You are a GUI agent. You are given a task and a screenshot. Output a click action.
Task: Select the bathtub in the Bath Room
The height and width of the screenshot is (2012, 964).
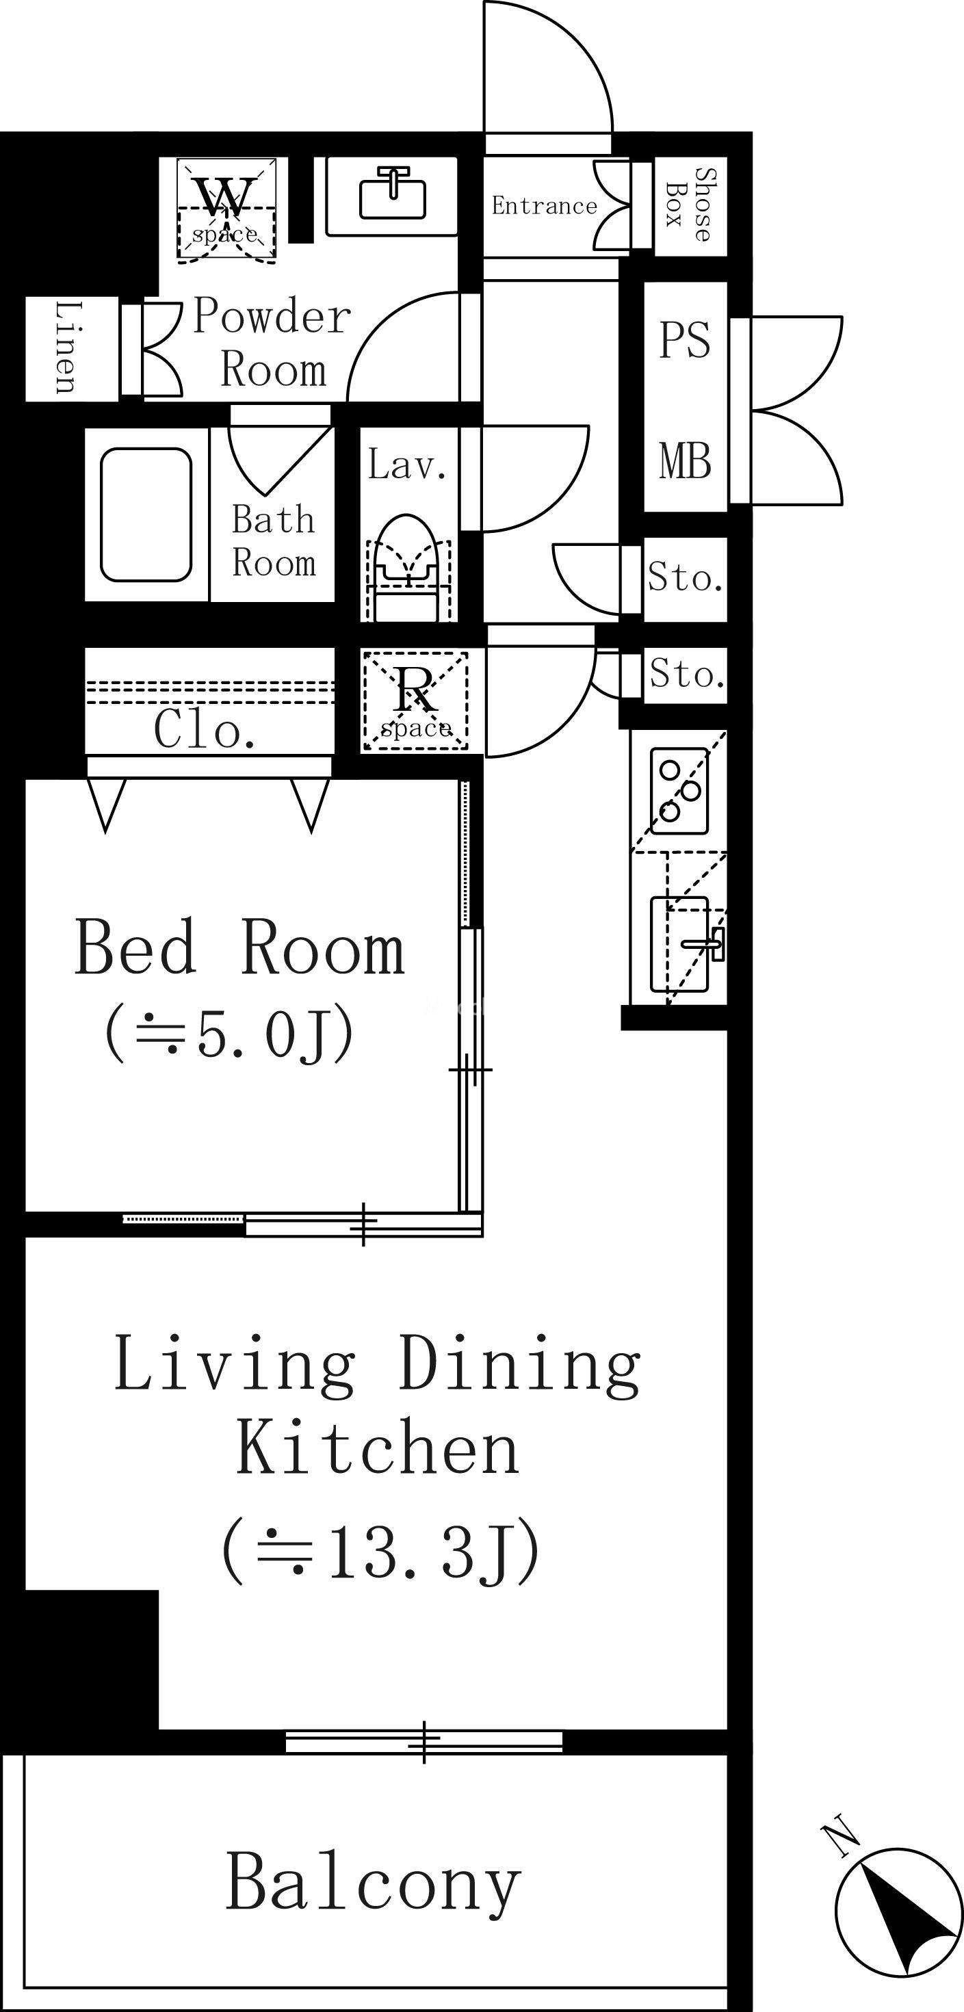click(146, 514)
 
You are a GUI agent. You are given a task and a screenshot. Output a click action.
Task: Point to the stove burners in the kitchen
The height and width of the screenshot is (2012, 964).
click(679, 790)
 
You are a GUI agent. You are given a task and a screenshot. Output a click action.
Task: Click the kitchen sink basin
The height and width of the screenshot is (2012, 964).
click(679, 944)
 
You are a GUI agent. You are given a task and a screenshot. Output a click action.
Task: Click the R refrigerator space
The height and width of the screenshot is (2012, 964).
click(415, 701)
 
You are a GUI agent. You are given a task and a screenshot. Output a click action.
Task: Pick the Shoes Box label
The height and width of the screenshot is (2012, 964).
click(690, 205)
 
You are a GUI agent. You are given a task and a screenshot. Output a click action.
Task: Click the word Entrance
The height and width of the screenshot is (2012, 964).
click(544, 205)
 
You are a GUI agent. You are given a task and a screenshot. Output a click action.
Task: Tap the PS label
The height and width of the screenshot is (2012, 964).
click(684, 340)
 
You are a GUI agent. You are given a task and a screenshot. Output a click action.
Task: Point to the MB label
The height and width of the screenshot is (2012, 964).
click(685, 461)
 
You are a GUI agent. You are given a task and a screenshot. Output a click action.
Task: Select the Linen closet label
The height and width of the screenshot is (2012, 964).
click(67, 347)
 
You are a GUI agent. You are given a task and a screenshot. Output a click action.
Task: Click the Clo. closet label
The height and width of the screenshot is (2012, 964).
click(205, 729)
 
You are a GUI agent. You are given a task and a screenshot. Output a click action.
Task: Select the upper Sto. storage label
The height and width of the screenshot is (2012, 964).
click(685, 578)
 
